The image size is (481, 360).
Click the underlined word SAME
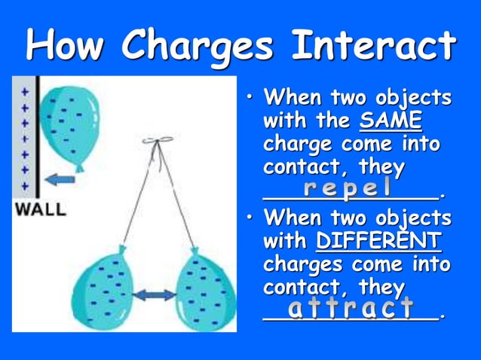pyautogui.click(x=391, y=121)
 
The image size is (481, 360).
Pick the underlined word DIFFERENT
pyautogui.click(x=378, y=242)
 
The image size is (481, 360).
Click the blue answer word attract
pyautogui.click(x=351, y=307)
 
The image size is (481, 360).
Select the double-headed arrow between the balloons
pyautogui.click(x=154, y=294)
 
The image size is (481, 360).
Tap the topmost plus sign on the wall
pyautogui.click(x=24, y=91)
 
